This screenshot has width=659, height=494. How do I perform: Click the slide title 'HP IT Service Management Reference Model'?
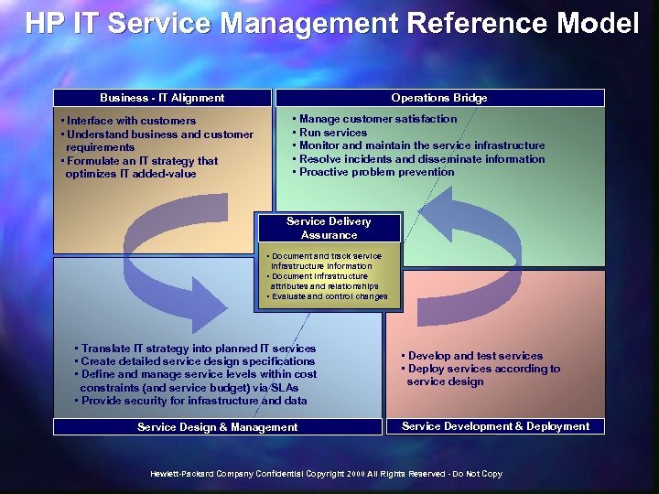click(331, 23)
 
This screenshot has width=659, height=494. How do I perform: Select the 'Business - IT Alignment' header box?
click(162, 98)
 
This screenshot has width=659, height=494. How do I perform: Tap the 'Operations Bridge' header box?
click(439, 98)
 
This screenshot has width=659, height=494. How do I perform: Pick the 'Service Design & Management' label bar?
click(217, 426)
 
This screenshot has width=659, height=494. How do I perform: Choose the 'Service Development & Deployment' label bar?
click(495, 426)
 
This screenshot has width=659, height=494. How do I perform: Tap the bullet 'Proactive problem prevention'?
click(375, 172)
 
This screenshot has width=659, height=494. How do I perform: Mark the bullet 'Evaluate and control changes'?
click(328, 296)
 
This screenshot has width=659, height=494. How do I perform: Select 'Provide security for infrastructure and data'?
click(192, 401)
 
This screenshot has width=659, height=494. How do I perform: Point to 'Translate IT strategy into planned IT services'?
click(197, 349)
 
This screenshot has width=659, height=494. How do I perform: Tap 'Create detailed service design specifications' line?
click(197, 361)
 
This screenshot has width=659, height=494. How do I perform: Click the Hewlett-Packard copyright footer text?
click(327, 474)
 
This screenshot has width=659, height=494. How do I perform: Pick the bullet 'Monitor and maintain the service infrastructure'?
click(421, 145)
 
